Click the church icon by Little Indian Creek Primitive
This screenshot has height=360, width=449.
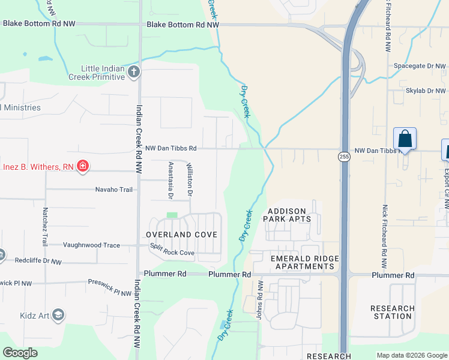[x=133, y=73]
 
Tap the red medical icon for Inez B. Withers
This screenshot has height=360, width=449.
[x=83, y=166]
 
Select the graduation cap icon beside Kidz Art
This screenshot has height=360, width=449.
[x=58, y=314]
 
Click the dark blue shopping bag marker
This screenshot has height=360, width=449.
[x=405, y=139]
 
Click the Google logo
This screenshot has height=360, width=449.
[x=20, y=353]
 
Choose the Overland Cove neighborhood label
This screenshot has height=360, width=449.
[x=181, y=234]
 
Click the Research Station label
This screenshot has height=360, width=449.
[x=392, y=312]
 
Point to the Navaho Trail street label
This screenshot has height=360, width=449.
[x=113, y=190]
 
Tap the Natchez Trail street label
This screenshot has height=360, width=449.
[x=44, y=227]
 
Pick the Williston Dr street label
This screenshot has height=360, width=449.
[x=189, y=179]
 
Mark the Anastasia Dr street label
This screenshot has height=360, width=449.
[x=170, y=180]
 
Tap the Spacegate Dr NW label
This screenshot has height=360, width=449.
[x=420, y=66]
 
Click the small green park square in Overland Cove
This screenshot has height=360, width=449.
[x=172, y=215]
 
